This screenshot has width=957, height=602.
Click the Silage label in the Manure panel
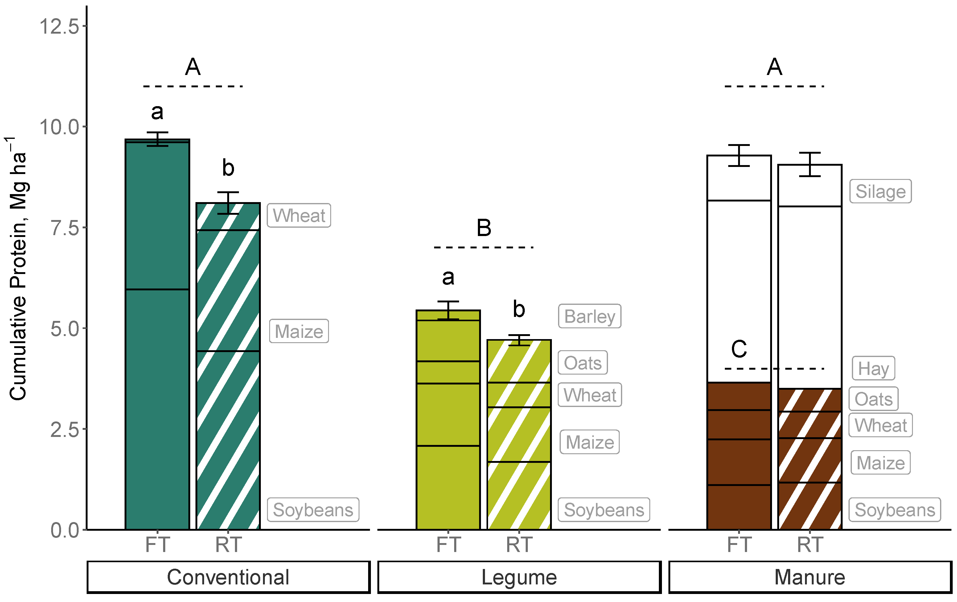click(880, 191)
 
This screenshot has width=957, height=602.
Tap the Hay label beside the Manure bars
click(873, 368)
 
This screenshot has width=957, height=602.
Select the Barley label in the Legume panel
click(589, 317)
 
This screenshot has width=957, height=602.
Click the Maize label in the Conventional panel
click(299, 331)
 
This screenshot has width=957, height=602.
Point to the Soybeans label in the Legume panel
click(604, 510)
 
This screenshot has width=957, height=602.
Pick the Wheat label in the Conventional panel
click(299, 215)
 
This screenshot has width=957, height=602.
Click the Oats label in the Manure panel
click(873, 399)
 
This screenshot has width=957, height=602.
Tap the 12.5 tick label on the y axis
click(60, 26)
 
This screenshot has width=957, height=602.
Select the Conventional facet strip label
click(228, 577)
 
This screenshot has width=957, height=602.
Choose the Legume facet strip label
click(519, 577)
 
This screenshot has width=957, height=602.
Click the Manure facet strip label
click(810, 577)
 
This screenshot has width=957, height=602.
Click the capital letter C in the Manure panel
click(739, 349)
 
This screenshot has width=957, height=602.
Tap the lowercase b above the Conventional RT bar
click(228, 168)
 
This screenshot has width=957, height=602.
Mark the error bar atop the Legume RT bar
click(519, 340)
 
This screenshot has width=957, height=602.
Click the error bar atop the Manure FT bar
click(739, 155)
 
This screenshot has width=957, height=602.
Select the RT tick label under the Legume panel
click(519, 545)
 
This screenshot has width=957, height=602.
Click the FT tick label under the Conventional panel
click(157, 545)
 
